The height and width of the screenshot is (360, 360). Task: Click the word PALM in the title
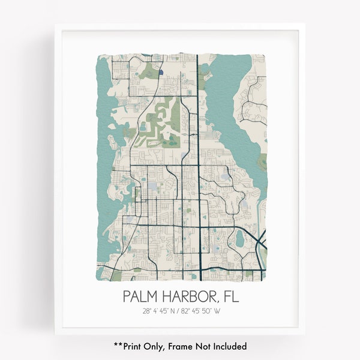[x=142, y=296]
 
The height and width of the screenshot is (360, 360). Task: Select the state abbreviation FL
[x=229, y=296]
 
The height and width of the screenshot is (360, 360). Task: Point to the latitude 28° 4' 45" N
[x=160, y=311]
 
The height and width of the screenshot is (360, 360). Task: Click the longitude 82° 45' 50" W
[x=203, y=311]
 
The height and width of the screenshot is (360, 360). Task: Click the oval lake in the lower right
[x=239, y=238]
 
